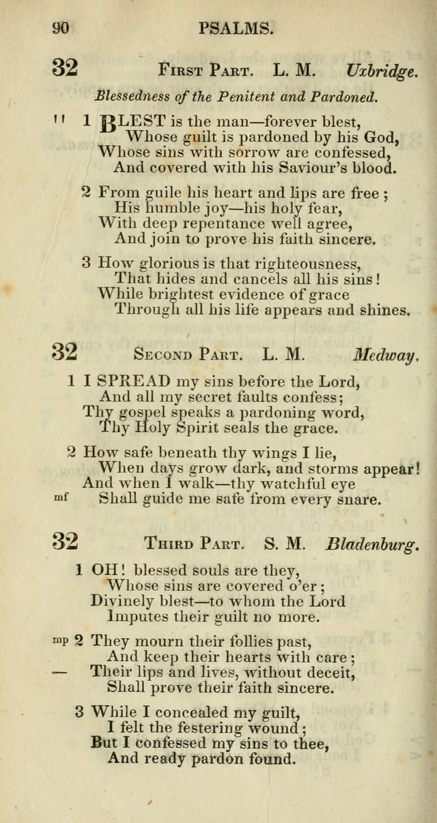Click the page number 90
pyautogui.click(x=61, y=28)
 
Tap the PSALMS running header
pyautogui.click(x=236, y=28)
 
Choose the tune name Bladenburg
pyautogui.click(x=371, y=545)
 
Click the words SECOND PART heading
pyautogui.click(x=187, y=355)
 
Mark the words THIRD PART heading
pyautogui.click(x=193, y=545)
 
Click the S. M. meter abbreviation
pyautogui.click(x=283, y=545)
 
